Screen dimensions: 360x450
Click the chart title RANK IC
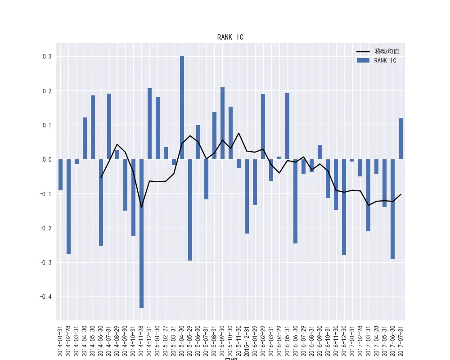coord(230,37)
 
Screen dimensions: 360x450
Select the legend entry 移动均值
coord(387,51)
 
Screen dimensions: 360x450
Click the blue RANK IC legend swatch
coord(363,60)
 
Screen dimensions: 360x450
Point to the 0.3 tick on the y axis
coord(47,57)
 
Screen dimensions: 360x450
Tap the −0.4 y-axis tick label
coord(45,297)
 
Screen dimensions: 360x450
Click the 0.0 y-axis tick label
coord(47,159)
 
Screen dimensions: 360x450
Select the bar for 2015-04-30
coord(182,108)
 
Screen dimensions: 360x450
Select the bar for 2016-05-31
coord(287,126)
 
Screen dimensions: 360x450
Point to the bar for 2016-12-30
coord(344,207)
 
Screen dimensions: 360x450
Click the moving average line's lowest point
coord(141,207)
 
